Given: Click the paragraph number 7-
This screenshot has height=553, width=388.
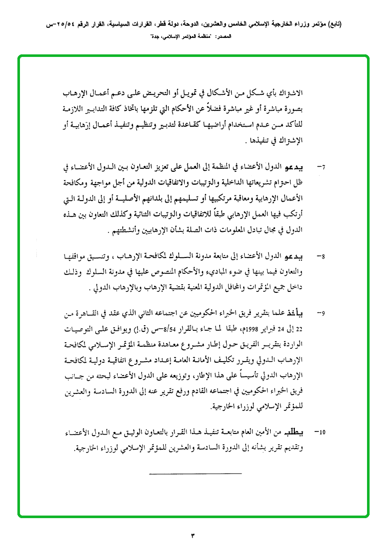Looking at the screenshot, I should tap(321, 167).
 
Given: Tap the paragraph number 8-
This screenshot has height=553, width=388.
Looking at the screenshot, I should tap(321, 255).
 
